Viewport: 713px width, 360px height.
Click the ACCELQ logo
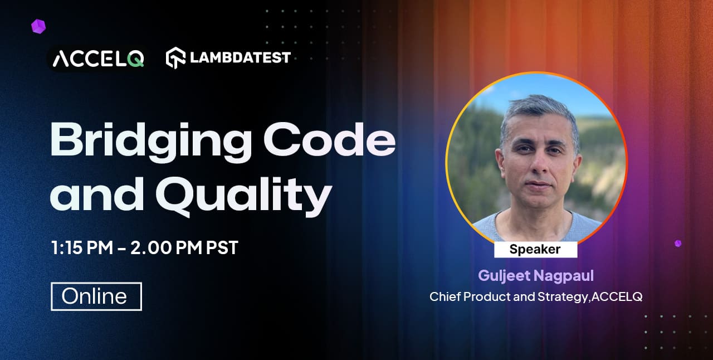tap(99, 59)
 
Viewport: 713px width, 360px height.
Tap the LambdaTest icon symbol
tap(175, 58)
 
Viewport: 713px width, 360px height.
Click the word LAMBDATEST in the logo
tap(240, 57)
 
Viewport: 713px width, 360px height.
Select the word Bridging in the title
tap(151, 142)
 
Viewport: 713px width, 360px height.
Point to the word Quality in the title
tap(243, 194)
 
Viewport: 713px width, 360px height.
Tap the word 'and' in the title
tap(97, 194)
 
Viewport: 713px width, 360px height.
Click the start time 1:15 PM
tap(82, 247)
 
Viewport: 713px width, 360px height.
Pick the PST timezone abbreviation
tap(222, 247)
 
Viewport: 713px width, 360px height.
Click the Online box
tap(96, 296)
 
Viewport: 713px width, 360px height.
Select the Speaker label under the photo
tap(535, 249)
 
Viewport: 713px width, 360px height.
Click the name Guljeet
tap(504, 276)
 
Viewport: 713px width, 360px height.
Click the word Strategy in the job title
tap(563, 297)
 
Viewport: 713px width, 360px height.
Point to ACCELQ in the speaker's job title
tap(617, 296)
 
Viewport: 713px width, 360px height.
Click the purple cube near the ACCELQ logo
tap(38, 26)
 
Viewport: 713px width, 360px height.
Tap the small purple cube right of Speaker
tap(678, 244)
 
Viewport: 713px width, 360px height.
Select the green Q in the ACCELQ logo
tap(135, 59)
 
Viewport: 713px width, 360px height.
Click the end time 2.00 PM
tap(166, 247)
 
